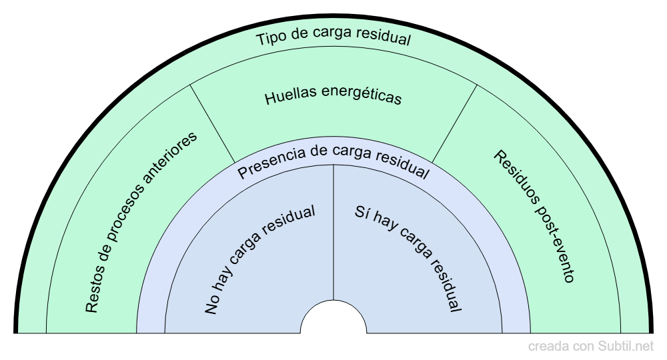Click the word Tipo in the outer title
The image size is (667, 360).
coord(271,39)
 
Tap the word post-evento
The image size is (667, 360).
coord(553,245)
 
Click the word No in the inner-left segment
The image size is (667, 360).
coord(212,305)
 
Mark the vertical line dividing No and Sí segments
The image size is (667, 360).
coord(333,233)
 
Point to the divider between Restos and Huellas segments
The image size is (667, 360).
coord(213,123)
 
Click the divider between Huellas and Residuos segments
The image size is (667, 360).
coord(454,123)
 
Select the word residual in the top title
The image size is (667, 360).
coord(385,38)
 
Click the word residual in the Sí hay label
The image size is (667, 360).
coord(441,281)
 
